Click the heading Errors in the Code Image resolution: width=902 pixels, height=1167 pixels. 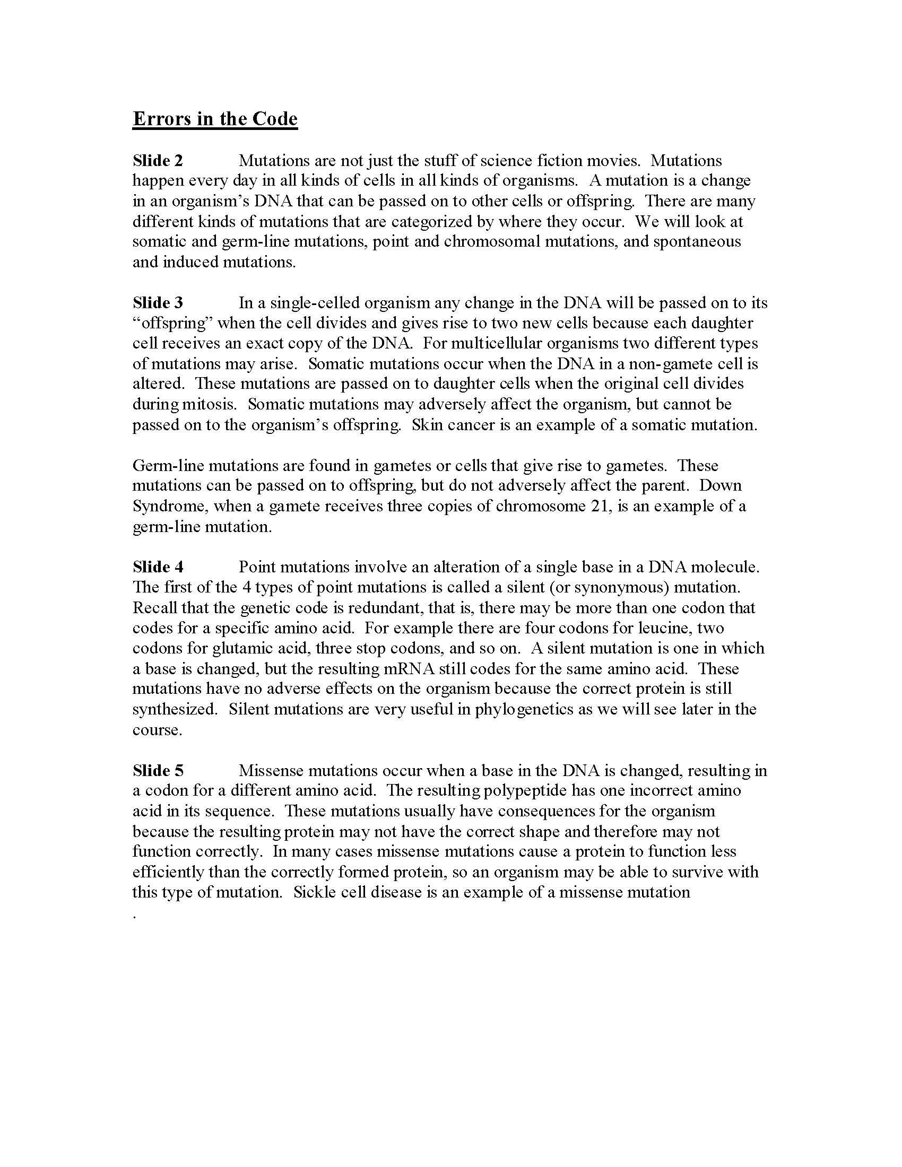click(x=215, y=119)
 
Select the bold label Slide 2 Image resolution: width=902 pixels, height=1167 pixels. click(x=158, y=161)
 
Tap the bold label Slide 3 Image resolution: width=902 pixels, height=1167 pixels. click(x=158, y=303)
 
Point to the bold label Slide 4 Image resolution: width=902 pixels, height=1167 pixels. click(x=158, y=567)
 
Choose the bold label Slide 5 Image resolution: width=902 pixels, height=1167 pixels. click(x=158, y=771)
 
